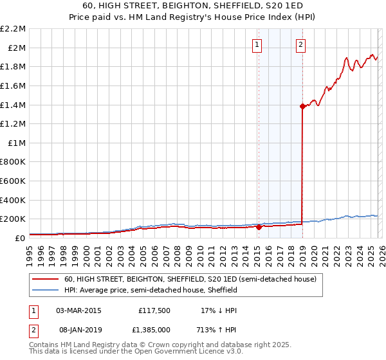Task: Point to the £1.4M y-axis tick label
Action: pos(14,105)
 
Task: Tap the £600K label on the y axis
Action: pos(14,181)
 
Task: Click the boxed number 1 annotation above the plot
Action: pos(257,44)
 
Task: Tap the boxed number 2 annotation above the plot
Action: pos(300,44)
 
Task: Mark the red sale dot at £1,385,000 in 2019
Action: pos(302,107)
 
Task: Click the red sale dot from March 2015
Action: pos(259,227)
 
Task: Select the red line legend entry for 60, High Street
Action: pos(190,280)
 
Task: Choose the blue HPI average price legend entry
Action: pos(151,291)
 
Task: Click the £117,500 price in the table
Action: pos(154,310)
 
